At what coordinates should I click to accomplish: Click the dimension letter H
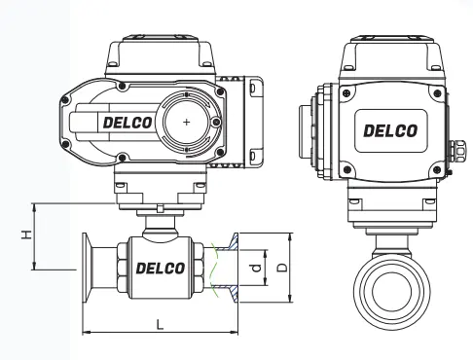click(27, 234)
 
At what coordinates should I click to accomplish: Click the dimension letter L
click(160, 324)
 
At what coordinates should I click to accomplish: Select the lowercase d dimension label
click(256, 268)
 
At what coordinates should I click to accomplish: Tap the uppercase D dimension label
click(283, 268)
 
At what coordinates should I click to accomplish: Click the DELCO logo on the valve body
click(161, 269)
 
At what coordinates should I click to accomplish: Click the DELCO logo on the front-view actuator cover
click(127, 123)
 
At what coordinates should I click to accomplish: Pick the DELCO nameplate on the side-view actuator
click(390, 130)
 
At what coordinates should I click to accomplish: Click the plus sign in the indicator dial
click(186, 123)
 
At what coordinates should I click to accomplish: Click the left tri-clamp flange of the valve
click(87, 268)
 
